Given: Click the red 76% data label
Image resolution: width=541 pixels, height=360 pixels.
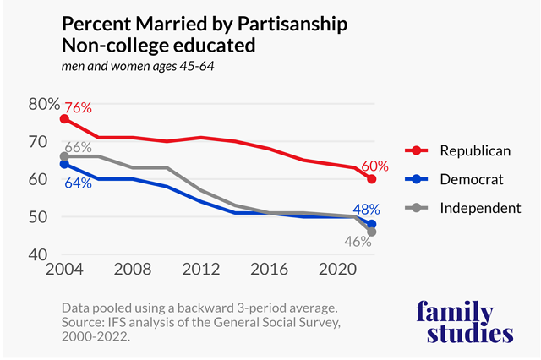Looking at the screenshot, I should click(x=78, y=107).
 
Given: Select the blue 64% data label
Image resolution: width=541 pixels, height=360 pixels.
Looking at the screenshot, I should click(x=78, y=183).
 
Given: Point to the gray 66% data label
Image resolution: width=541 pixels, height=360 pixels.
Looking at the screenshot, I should click(x=78, y=147).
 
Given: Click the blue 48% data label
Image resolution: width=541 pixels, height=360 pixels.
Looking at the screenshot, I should click(x=366, y=209).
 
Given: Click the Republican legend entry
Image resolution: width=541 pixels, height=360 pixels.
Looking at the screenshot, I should click(x=475, y=151).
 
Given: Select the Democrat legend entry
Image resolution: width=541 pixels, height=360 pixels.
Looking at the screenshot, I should click(x=472, y=180).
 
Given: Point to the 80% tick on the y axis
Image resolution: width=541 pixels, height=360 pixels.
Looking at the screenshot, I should click(x=42, y=105).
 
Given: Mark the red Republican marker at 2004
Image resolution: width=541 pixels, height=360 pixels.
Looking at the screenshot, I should click(x=64, y=119).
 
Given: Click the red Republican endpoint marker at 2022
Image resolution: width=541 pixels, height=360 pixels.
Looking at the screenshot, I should click(x=371, y=179).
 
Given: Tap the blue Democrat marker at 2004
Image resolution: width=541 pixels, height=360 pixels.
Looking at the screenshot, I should click(x=64, y=164).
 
